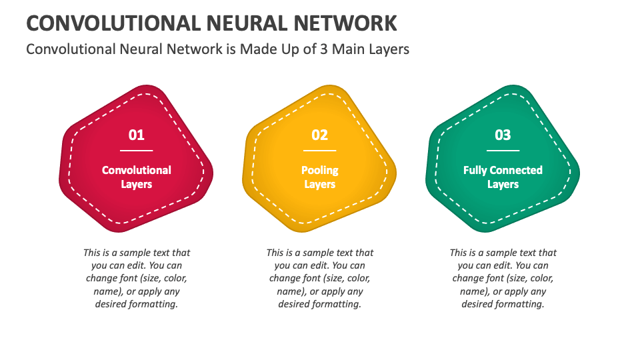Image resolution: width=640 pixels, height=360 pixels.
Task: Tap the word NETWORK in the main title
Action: [x=345, y=23]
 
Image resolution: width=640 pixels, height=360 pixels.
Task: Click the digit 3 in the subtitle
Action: [x=324, y=49]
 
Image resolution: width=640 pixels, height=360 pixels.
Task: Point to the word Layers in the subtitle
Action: [x=389, y=49]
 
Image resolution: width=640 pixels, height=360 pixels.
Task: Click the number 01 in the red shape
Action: [x=136, y=135]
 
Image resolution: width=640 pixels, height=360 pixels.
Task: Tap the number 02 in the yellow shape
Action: [x=319, y=135]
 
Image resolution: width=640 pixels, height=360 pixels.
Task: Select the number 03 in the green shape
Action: [x=503, y=135]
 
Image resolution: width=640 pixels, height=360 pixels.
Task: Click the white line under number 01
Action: [x=136, y=151]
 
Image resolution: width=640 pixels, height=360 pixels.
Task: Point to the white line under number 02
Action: [x=319, y=151]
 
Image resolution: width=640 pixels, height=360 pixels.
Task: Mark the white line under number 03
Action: [x=503, y=151]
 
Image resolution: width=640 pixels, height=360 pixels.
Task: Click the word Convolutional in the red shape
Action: [x=136, y=170]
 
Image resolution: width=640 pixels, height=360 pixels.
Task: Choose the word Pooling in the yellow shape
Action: [x=319, y=171]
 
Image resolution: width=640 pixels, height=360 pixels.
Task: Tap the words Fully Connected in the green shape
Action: [x=503, y=170]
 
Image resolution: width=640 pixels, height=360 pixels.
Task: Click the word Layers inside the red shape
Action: [x=136, y=185]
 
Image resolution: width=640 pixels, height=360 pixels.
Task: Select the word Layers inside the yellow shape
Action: [x=319, y=185]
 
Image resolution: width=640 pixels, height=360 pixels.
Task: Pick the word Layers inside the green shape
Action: [x=503, y=185]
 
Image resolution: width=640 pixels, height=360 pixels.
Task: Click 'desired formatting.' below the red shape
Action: [x=136, y=305]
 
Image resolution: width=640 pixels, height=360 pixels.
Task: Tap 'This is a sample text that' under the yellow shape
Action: [x=319, y=253]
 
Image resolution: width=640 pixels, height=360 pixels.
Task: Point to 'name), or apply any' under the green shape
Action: [x=503, y=292]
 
